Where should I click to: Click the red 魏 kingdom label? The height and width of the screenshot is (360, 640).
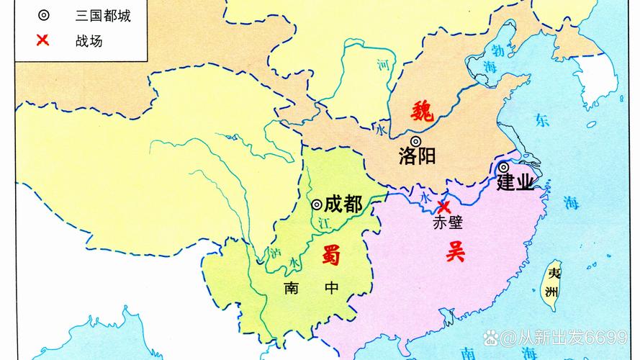421,110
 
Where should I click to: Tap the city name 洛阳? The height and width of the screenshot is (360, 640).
418,156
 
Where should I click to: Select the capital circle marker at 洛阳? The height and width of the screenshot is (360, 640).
416,141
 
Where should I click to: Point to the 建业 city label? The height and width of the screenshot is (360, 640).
515,183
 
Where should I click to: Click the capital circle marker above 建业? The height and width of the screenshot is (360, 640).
504,168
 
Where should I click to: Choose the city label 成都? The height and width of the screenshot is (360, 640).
343,204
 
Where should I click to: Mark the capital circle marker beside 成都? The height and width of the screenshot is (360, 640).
317,204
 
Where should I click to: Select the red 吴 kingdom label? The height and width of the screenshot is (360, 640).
454,252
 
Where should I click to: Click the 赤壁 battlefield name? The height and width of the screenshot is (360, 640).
447,223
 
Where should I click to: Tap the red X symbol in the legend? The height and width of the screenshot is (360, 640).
42,40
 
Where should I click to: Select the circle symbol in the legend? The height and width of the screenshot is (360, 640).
42,14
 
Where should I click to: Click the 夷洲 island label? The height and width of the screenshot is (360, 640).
552,282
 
